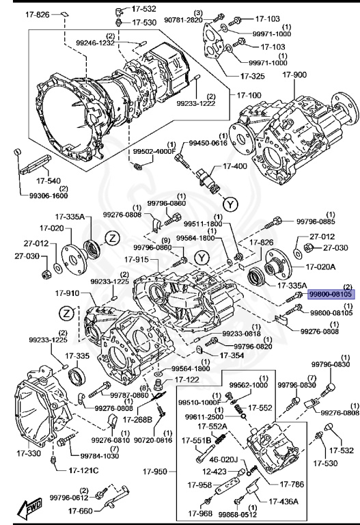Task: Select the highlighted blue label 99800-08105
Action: click(x=330, y=294)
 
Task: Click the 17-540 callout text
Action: click(x=33, y=181)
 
